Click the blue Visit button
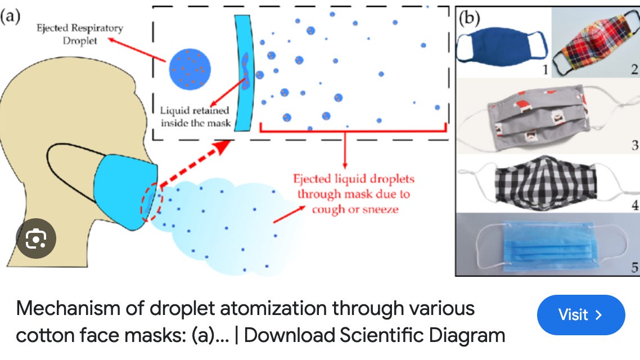pyautogui.click(x=580, y=314)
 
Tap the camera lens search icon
pyautogui.click(x=35, y=238)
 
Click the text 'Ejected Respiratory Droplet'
pyautogui.click(x=79, y=34)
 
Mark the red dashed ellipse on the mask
pyautogui.click(x=150, y=201)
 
